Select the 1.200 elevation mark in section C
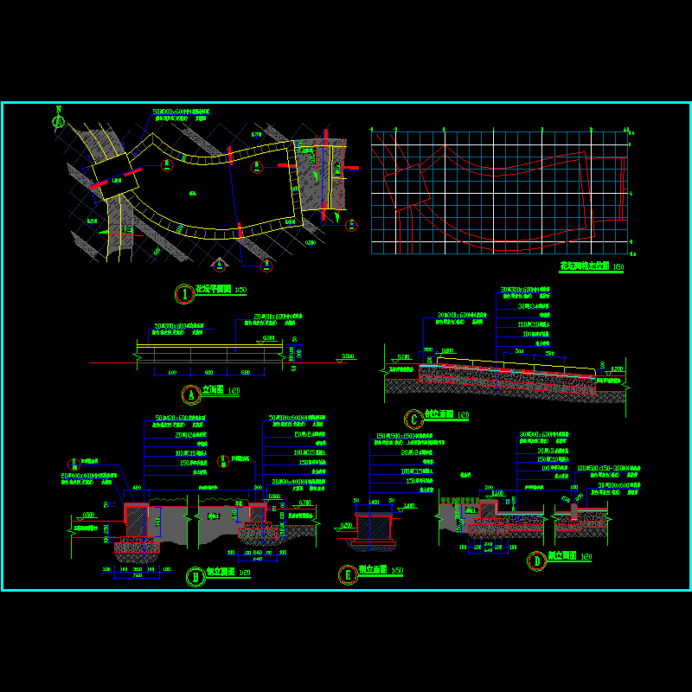[x=615, y=369]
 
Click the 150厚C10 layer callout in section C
[x=527, y=324]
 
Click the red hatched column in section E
[x=375, y=527]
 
